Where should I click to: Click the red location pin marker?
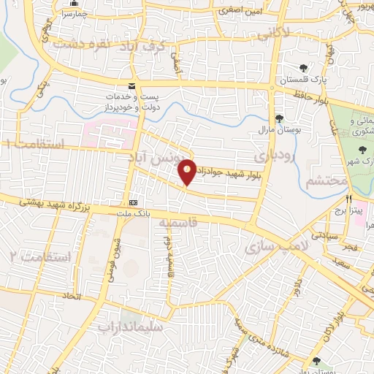(x=188, y=171)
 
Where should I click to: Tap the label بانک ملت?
(x=133, y=213)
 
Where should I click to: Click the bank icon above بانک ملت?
(x=133, y=202)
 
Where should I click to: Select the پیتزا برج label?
(x=350, y=208)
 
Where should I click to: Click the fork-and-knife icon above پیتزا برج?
(x=349, y=197)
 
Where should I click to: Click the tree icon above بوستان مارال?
(x=278, y=118)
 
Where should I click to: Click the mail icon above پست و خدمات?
(x=131, y=85)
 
